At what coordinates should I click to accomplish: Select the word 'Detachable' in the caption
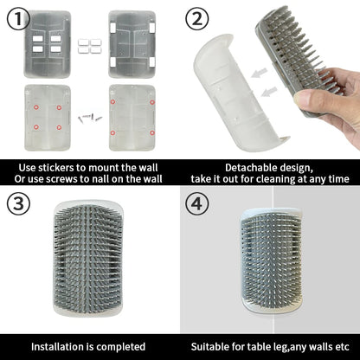tap(250, 167)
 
